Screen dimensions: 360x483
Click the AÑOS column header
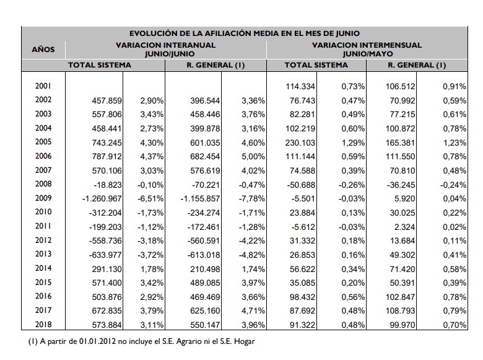tap(43, 49)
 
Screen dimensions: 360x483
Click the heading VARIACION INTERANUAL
tap(166, 45)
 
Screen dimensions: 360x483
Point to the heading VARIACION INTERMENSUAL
tap(367, 45)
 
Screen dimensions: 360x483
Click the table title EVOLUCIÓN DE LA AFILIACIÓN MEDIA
tap(244, 33)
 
